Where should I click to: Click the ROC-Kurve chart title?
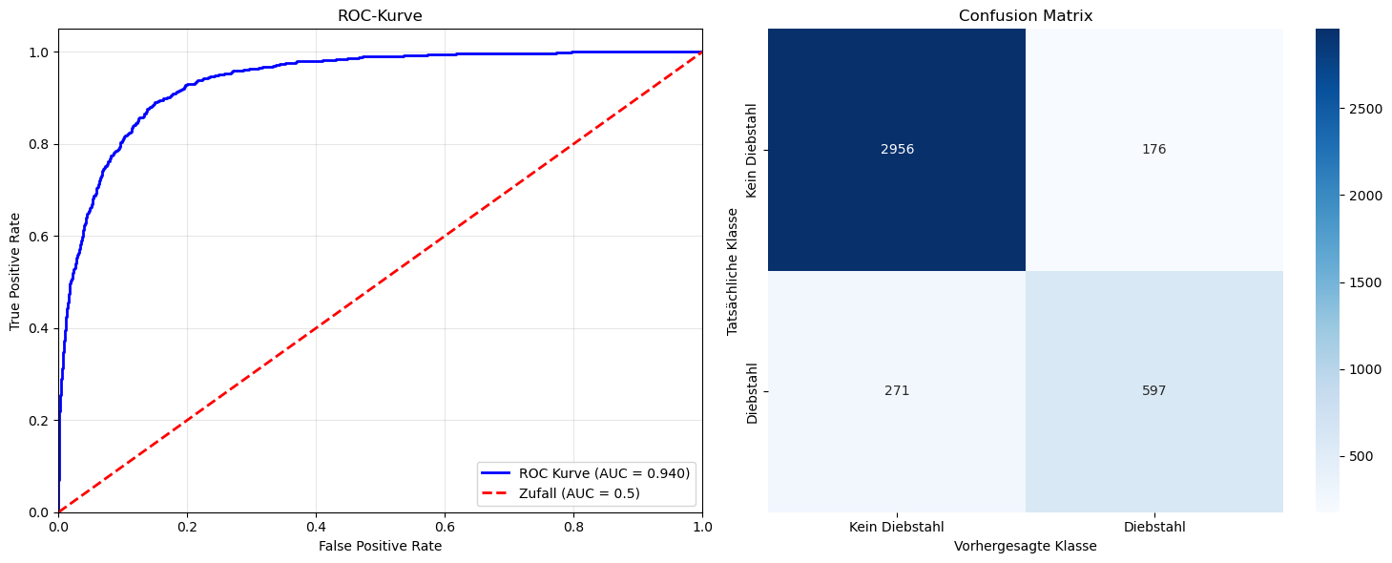point(380,16)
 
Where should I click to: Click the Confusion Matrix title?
point(1026,16)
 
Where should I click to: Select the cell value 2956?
point(897,150)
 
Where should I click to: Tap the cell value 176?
point(1153,150)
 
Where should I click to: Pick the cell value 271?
point(897,391)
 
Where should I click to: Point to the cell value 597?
point(1153,391)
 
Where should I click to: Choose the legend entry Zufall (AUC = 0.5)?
point(579,492)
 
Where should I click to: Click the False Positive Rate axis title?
point(380,546)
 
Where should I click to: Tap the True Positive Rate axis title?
point(15,270)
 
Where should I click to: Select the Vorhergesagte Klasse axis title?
point(1026,547)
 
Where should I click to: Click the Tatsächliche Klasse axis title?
point(733,271)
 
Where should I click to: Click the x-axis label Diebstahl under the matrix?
point(1154,527)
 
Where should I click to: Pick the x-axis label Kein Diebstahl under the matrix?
point(897,527)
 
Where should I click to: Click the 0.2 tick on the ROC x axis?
point(187,527)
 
